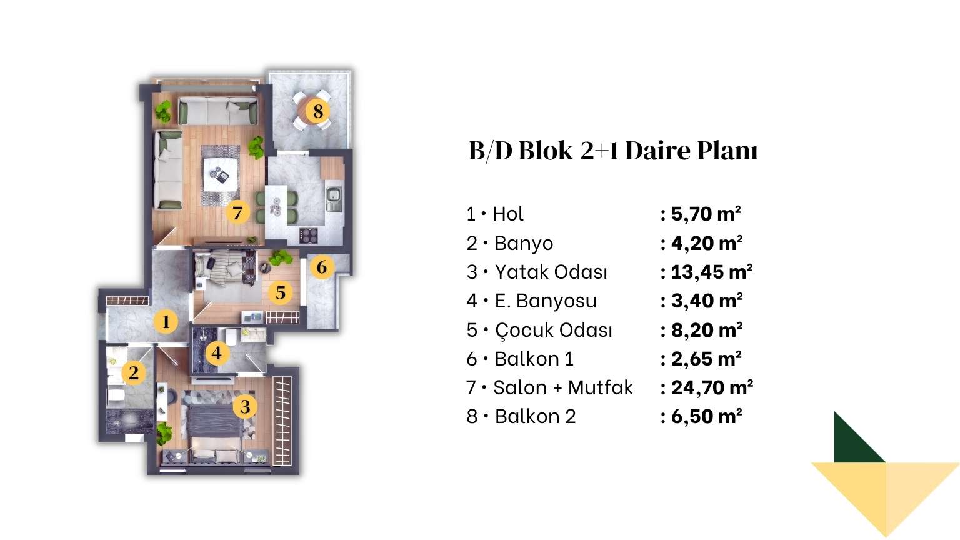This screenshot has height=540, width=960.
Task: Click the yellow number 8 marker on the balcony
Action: tap(317, 111)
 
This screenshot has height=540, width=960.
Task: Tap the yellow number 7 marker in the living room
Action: tap(237, 212)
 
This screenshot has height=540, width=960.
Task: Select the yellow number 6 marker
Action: tap(322, 267)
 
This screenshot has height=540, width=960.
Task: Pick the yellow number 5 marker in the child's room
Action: tap(281, 292)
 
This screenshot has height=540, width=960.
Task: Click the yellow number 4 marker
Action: tap(217, 353)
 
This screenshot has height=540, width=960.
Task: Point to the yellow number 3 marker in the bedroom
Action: tap(245, 406)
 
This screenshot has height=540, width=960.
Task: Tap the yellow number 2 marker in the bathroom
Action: tap(134, 372)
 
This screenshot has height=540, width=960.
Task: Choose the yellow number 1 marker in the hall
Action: tap(166, 321)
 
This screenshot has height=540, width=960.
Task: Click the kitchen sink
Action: tap(333, 199)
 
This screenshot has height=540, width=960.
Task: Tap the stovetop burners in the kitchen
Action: tap(308, 235)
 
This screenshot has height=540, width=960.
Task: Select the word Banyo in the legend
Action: tap(524, 243)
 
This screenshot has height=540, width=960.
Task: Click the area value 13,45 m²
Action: tap(712, 272)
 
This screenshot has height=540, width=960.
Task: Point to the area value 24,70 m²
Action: tap(712, 387)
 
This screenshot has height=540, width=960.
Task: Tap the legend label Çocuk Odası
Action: tap(553, 330)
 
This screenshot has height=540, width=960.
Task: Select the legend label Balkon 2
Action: tap(535, 417)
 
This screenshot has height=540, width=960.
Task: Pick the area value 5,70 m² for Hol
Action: tap(706, 214)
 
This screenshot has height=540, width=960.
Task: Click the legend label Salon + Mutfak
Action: tap(563, 387)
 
